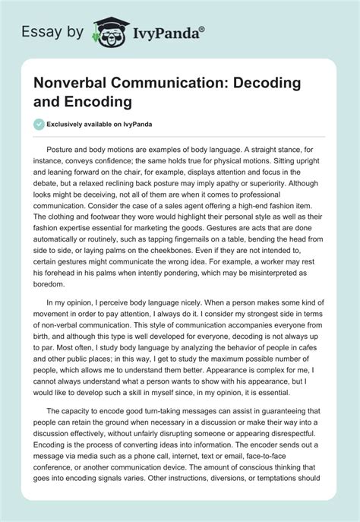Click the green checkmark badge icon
(39, 123)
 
